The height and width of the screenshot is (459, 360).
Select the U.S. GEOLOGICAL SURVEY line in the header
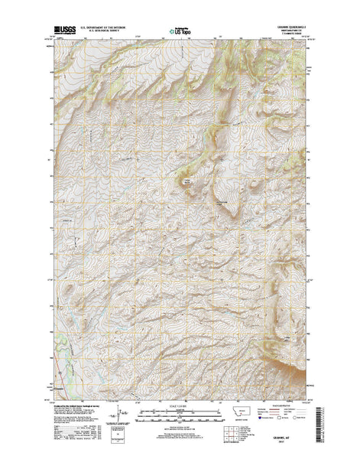(x=107, y=34)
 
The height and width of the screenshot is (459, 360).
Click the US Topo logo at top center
(x=181, y=32)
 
